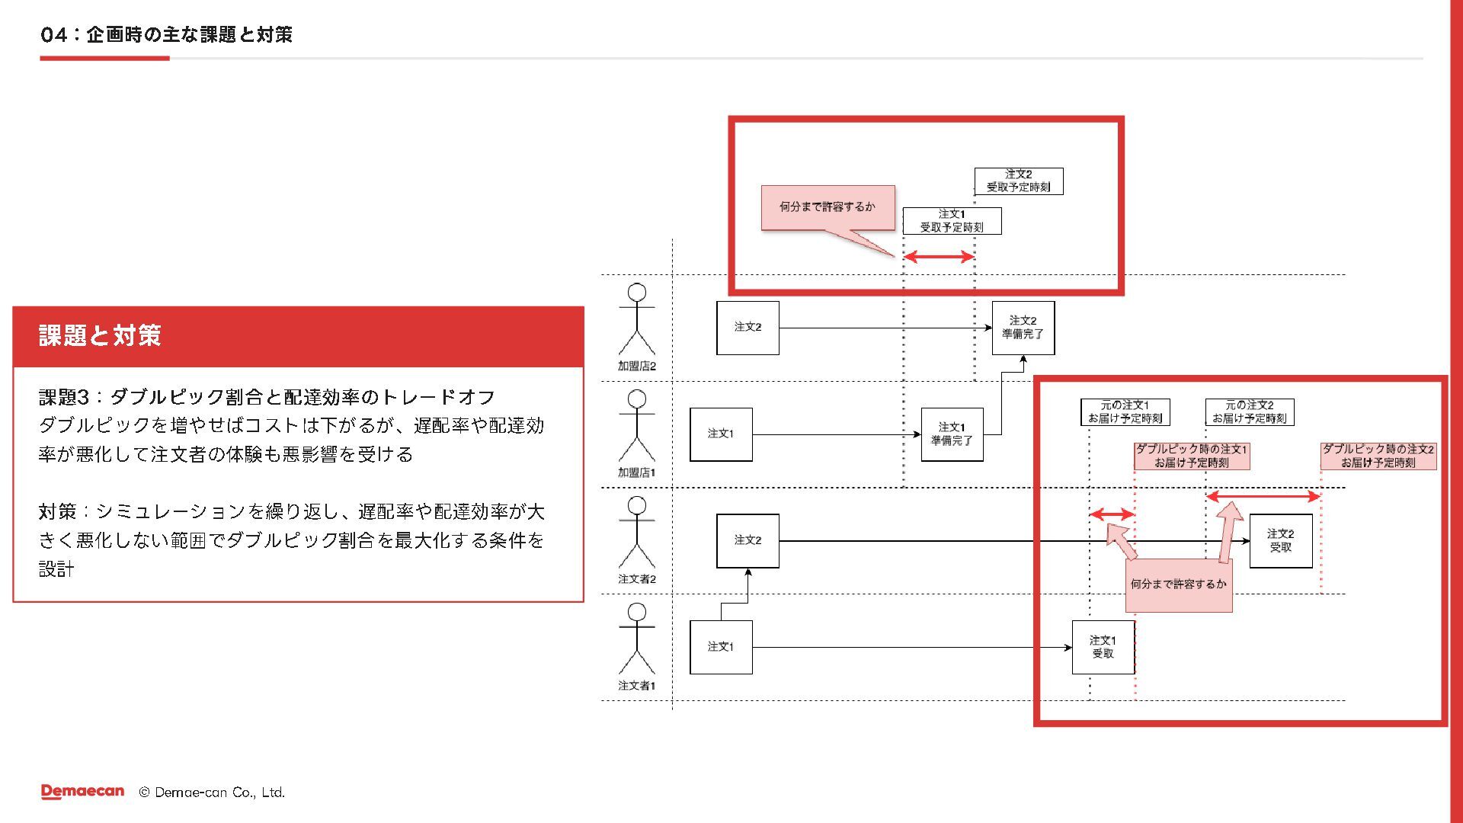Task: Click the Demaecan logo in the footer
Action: [x=82, y=792]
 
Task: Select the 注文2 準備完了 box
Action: [x=1023, y=328]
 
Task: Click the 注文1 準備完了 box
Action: [x=952, y=434]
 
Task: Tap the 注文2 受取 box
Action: [x=1280, y=541]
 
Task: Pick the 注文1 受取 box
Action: [x=1103, y=647]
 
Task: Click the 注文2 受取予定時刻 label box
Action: [x=1018, y=181]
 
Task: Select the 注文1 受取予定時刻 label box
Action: [x=952, y=221]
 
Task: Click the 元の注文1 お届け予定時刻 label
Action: [x=1125, y=412]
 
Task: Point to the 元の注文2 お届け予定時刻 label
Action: [x=1249, y=412]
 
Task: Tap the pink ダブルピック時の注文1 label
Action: [x=1191, y=456]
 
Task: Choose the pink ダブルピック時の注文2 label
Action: [x=1378, y=456]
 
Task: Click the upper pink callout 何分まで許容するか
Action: [x=828, y=207]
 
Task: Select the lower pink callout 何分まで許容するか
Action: [x=1178, y=584]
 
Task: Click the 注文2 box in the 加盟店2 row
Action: [x=748, y=328]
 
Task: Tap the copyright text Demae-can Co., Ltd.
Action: [x=212, y=793]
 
